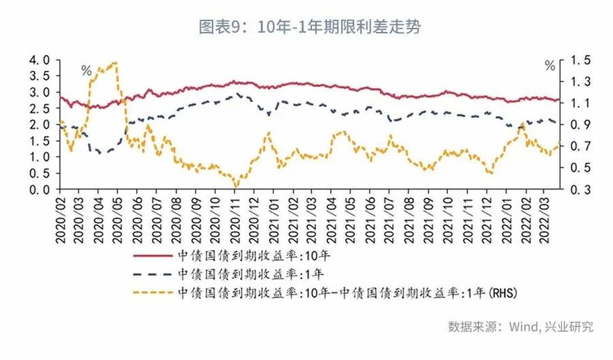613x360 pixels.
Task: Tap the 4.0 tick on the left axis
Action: click(40, 60)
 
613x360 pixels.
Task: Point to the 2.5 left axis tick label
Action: click(40, 109)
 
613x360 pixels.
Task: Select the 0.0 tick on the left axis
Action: click(40, 190)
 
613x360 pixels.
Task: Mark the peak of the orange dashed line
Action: click(114, 63)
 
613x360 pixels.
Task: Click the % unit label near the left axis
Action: click(86, 70)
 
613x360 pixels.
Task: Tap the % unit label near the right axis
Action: click(550, 66)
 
